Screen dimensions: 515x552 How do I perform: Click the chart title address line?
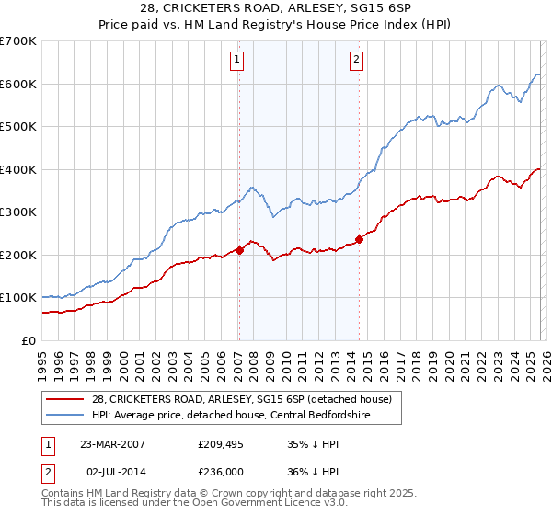coord(275,8)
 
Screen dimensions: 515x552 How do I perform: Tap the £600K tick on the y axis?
coord(18,84)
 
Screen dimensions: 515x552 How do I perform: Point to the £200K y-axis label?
coord(18,255)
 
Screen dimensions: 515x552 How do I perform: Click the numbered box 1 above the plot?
coord(236,61)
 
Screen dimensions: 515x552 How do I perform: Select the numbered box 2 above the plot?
coord(356,61)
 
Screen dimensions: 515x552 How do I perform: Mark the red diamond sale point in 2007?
coord(239,249)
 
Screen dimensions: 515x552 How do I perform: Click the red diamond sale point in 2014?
coord(359,239)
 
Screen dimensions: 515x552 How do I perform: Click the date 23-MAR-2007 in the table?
coord(112,443)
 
